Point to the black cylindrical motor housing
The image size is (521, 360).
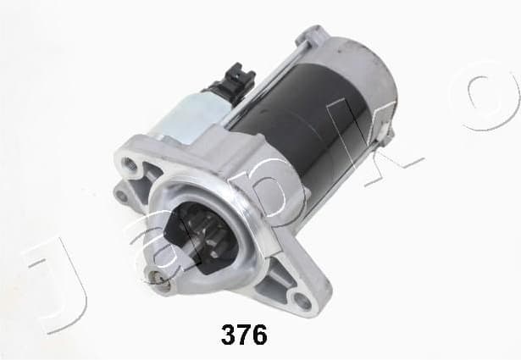coord(305,110)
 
